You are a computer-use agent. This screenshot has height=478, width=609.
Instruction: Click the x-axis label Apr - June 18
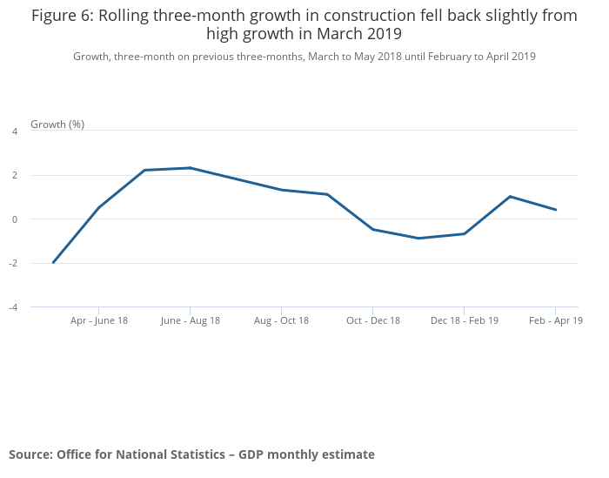tap(99, 320)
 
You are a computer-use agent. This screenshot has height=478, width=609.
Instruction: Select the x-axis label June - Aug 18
tap(191, 320)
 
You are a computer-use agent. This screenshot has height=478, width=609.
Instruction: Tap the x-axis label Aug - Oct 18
tap(281, 320)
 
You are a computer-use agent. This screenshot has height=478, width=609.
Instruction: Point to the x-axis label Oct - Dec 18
tap(373, 320)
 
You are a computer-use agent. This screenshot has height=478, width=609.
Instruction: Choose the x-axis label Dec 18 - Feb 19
tap(465, 320)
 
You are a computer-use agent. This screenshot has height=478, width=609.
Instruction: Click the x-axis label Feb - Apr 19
tap(556, 320)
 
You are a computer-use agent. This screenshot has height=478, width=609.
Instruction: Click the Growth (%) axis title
tap(57, 124)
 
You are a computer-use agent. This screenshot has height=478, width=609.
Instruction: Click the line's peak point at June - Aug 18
tap(191, 168)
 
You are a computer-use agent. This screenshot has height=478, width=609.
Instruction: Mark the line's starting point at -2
tap(53, 262)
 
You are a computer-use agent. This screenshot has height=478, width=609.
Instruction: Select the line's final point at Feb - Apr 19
tap(556, 210)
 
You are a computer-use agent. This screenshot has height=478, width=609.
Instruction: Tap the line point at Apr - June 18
tap(99, 207)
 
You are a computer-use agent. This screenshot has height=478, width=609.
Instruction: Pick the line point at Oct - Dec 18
tap(373, 229)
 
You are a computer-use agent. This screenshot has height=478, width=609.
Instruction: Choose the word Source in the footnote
tap(30, 454)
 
